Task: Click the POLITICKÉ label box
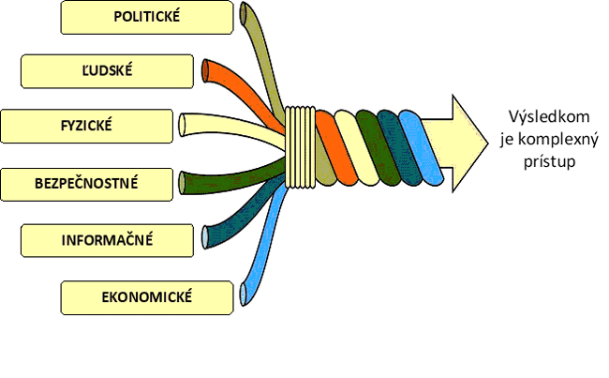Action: (x=146, y=16)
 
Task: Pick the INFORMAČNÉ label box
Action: (x=107, y=239)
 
